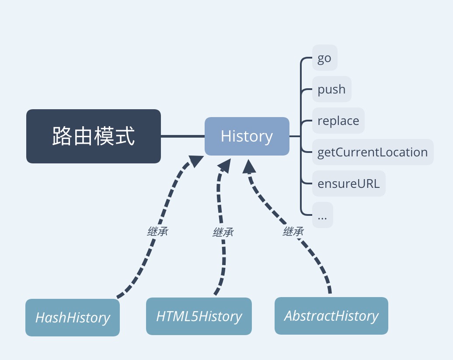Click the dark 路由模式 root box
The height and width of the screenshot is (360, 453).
[93, 136]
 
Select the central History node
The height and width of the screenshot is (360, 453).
[247, 136]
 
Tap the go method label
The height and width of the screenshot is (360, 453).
[324, 58]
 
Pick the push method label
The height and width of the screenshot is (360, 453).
[331, 89]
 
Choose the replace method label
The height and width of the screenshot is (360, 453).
[338, 121]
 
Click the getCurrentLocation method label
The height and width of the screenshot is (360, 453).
[373, 152]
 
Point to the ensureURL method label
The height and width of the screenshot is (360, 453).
[348, 183]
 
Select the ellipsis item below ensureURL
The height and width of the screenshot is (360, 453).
[322, 215]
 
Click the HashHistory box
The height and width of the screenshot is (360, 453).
[73, 318]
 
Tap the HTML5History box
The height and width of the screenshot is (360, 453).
[199, 316]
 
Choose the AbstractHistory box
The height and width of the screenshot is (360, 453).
[331, 316]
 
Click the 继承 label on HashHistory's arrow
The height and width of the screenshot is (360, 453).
[157, 232]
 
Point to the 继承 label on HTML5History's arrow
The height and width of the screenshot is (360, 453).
[223, 232]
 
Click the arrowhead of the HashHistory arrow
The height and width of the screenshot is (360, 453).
[195, 161]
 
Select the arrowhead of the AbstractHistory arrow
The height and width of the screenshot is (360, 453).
[250, 166]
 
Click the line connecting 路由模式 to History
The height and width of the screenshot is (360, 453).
[182, 136]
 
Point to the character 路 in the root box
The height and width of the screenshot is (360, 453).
[62, 136]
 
